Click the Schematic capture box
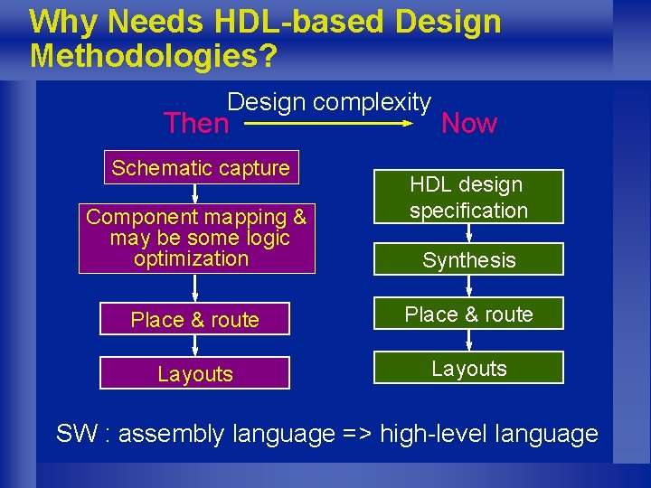[201, 167]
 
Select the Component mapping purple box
[195, 239]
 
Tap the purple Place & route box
[194, 319]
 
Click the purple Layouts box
[194, 373]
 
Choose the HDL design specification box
[468, 197]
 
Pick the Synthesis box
[468, 260]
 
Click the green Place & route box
[468, 314]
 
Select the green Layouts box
[468, 369]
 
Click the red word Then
[196, 123]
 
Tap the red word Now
[468, 123]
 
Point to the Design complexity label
[329, 102]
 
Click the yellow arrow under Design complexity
[329, 124]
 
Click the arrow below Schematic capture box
[195, 194]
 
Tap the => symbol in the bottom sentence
[357, 434]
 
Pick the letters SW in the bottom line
[76, 434]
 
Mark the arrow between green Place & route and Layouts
[468, 341]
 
